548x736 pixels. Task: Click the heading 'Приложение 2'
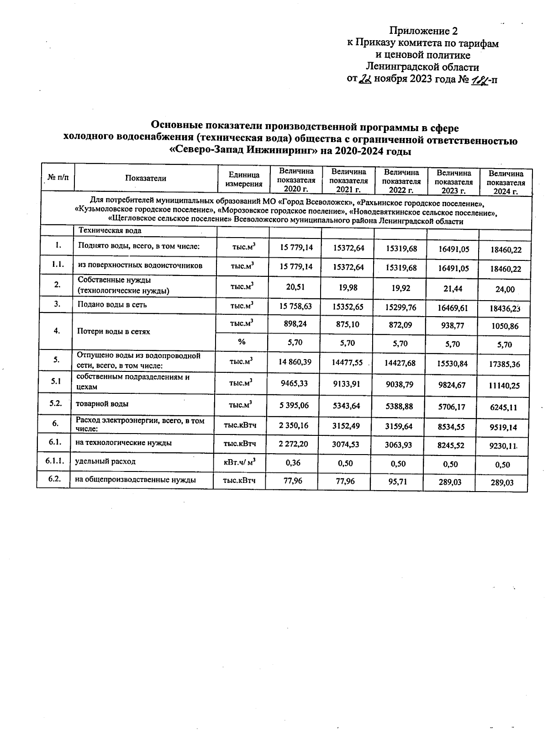click(x=423, y=31)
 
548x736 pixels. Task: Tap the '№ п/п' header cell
click(x=58, y=178)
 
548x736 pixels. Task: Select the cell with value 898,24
click(x=295, y=323)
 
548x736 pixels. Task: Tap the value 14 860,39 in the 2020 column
click(x=295, y=362)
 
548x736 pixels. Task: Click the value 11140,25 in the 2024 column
click(x=504, y=386)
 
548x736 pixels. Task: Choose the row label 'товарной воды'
click(x=102, y=404)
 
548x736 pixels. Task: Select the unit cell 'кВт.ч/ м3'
click(x=239, y=462)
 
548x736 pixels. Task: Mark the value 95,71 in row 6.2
click(x=400, y=481)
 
